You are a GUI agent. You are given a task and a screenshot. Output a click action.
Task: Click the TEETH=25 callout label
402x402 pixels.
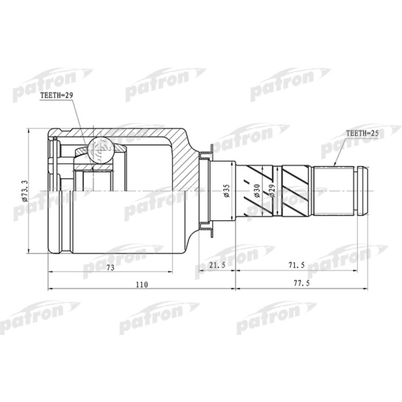pos(363,133)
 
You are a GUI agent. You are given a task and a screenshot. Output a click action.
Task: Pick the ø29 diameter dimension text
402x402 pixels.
pos(272,191)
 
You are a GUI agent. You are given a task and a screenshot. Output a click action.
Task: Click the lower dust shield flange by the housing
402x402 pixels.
pos(205,229)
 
